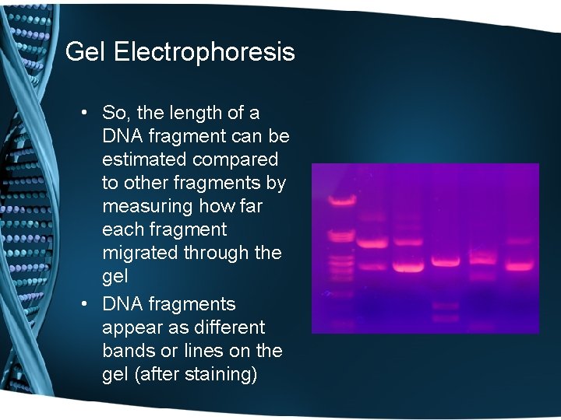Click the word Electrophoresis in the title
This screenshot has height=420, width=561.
click(x=204, y=52)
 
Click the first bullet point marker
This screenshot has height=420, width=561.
click(x=83, y=114)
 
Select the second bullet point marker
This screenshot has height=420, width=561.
click(x=83, y=304)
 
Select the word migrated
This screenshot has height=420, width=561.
click(x=140, y=253)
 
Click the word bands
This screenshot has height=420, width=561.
click(x=129, y=350)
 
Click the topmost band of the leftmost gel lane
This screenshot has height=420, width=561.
click(x=340, y=201)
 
